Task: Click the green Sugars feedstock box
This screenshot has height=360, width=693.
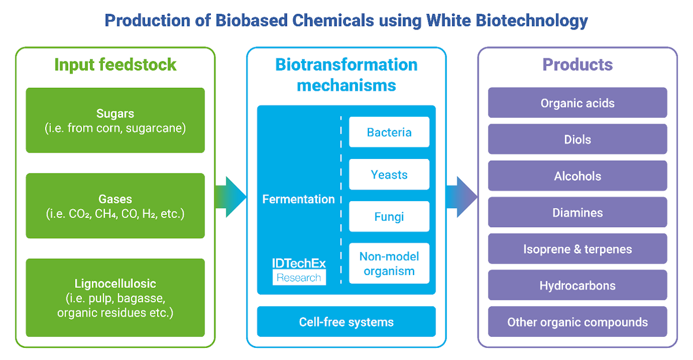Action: (115, 120)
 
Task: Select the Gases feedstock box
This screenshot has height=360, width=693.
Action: (115, 206)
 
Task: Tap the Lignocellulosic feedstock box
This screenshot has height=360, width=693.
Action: (115, 298)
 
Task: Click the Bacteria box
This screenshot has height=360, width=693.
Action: (389, 132)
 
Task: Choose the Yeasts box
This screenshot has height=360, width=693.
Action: (389, 175)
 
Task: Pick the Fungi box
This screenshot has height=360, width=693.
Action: (389, 217)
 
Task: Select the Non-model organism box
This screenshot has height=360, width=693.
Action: (389, 263)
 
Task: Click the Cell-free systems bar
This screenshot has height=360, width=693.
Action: (346, 322)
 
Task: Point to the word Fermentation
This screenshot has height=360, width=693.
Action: (299, 199)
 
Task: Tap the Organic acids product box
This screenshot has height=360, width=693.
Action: (577, 103)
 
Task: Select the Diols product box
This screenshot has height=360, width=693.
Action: (577, 139)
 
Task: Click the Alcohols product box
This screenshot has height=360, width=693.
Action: (577, 176)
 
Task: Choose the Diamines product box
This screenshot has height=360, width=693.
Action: (577, 213)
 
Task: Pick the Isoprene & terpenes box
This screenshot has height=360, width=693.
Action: (577, 249)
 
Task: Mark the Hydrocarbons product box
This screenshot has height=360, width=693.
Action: (577, 285)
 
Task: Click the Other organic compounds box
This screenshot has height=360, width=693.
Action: (577, 322)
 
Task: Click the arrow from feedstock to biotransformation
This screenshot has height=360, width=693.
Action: (230, 197)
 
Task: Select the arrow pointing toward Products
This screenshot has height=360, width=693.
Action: (461, 197)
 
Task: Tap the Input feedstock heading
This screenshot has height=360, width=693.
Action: (115, 64)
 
